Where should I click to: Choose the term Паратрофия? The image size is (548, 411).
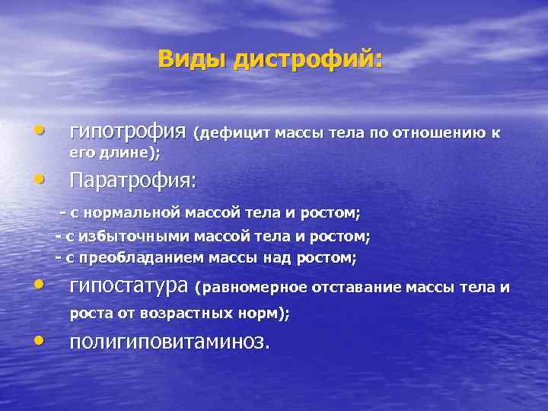pyautogui.click(x=131, y=181)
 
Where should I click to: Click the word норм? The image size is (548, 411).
pyautogui.click(x=256, y=312)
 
